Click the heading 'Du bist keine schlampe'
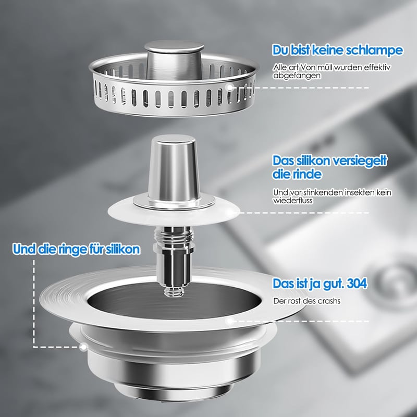(x=337, y=50)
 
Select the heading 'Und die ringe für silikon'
(x=76, y=249)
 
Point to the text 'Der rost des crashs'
(x=306, y=301)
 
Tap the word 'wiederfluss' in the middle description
(x=293, y=200)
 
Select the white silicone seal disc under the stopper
(x=174, y=212)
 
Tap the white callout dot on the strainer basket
(x=229, y=87)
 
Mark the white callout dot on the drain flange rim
(x=229, y=321)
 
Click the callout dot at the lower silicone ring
(x=84, y=347)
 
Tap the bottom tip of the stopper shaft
(x=174, y=296)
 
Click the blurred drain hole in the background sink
(x=394, y=283)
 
